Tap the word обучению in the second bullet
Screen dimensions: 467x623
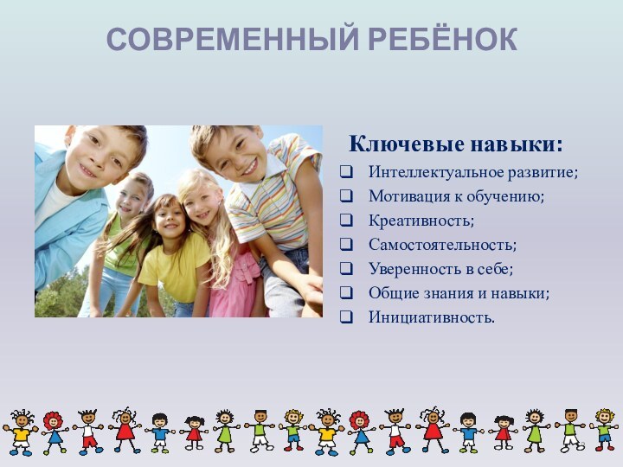(509, 197)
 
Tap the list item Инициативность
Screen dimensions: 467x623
(432, 318)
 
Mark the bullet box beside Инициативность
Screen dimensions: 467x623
(346, 319)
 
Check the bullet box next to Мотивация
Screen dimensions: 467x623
(346, 198)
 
